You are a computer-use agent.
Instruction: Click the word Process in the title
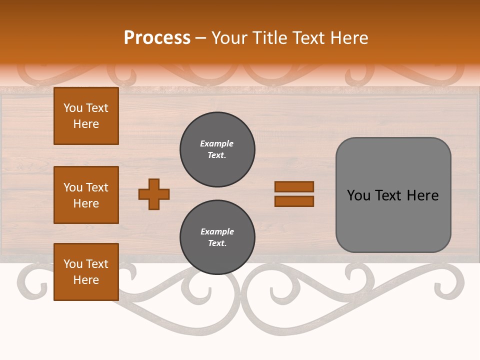point(157,38)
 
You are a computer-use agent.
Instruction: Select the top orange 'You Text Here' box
point(86,116)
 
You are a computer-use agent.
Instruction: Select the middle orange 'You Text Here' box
point(86,195)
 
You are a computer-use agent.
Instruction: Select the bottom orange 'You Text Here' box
point(86,272)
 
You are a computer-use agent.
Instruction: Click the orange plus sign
point(154,194)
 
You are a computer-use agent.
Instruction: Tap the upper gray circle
point(217,149)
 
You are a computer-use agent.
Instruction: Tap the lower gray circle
point(217,237)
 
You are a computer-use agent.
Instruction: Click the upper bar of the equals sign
point(294,187)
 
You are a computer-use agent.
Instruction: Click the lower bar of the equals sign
point(294,201)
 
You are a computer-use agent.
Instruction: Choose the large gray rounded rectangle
point(393,195)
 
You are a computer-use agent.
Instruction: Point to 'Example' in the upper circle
point(217,144)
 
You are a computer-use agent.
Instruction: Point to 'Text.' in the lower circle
point(217,243)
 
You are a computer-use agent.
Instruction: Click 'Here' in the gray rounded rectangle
point(422,195)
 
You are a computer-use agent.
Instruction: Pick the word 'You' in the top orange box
point(73,108)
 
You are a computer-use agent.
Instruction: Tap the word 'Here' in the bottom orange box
point(86,280)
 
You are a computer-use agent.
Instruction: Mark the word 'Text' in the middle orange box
point(97,187)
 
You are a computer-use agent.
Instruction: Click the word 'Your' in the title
point(227,38)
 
